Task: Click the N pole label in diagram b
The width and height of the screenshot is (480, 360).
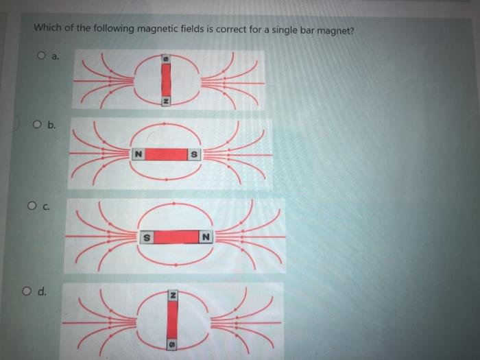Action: point(139,154)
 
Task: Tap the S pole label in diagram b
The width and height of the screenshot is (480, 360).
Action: point(194,154)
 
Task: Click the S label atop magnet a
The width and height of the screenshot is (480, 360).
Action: point(165,61)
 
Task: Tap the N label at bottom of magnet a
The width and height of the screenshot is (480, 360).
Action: point(165,102)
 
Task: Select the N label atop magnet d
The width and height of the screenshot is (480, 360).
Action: point(173,294)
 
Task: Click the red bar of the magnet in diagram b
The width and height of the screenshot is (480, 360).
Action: point(167,154)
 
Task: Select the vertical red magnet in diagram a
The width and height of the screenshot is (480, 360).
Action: point(165,82)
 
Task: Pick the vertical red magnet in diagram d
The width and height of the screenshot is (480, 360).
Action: point(173,318)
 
